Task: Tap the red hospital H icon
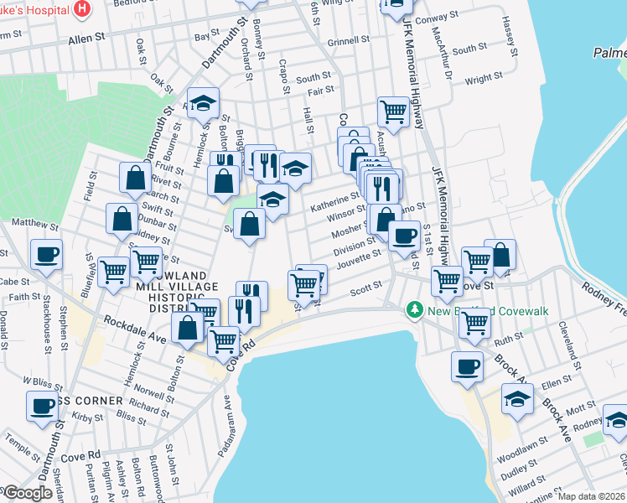tap(82, 9)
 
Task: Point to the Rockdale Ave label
tap(133, 327)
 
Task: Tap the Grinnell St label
tap(349, 40)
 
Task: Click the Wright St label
tap(483, 78)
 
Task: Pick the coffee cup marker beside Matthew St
tap(46, 252)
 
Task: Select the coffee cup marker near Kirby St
tap(41, 407)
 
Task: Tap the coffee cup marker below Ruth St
tap(467, 366)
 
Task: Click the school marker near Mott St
tap(517, 398)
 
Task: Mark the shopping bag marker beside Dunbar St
tap(122, 218)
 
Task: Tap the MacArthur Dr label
tap(444, 63)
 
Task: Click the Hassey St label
tap(509, 38)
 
